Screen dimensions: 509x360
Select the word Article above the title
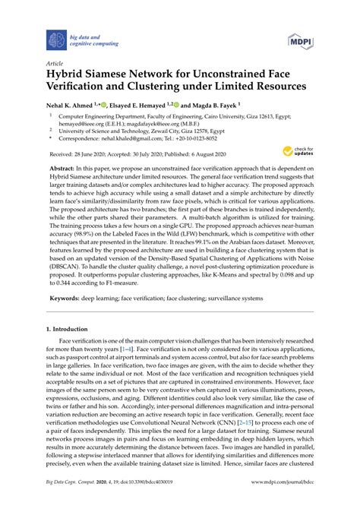(54, 65)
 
